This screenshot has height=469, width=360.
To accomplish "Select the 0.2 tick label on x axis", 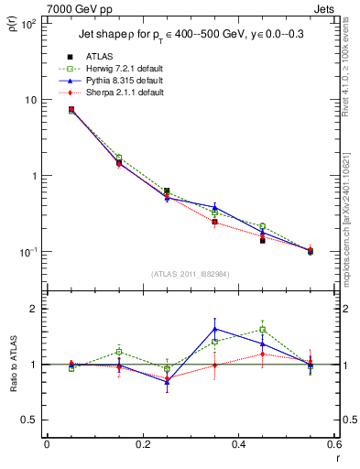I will (x=142, y=444).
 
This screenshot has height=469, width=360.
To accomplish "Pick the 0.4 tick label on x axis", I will (x=238, y=444).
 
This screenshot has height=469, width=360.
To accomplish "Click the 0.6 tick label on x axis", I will (x=334, y=444).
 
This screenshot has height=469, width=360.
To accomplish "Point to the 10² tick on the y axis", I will (x=29, y=24).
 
